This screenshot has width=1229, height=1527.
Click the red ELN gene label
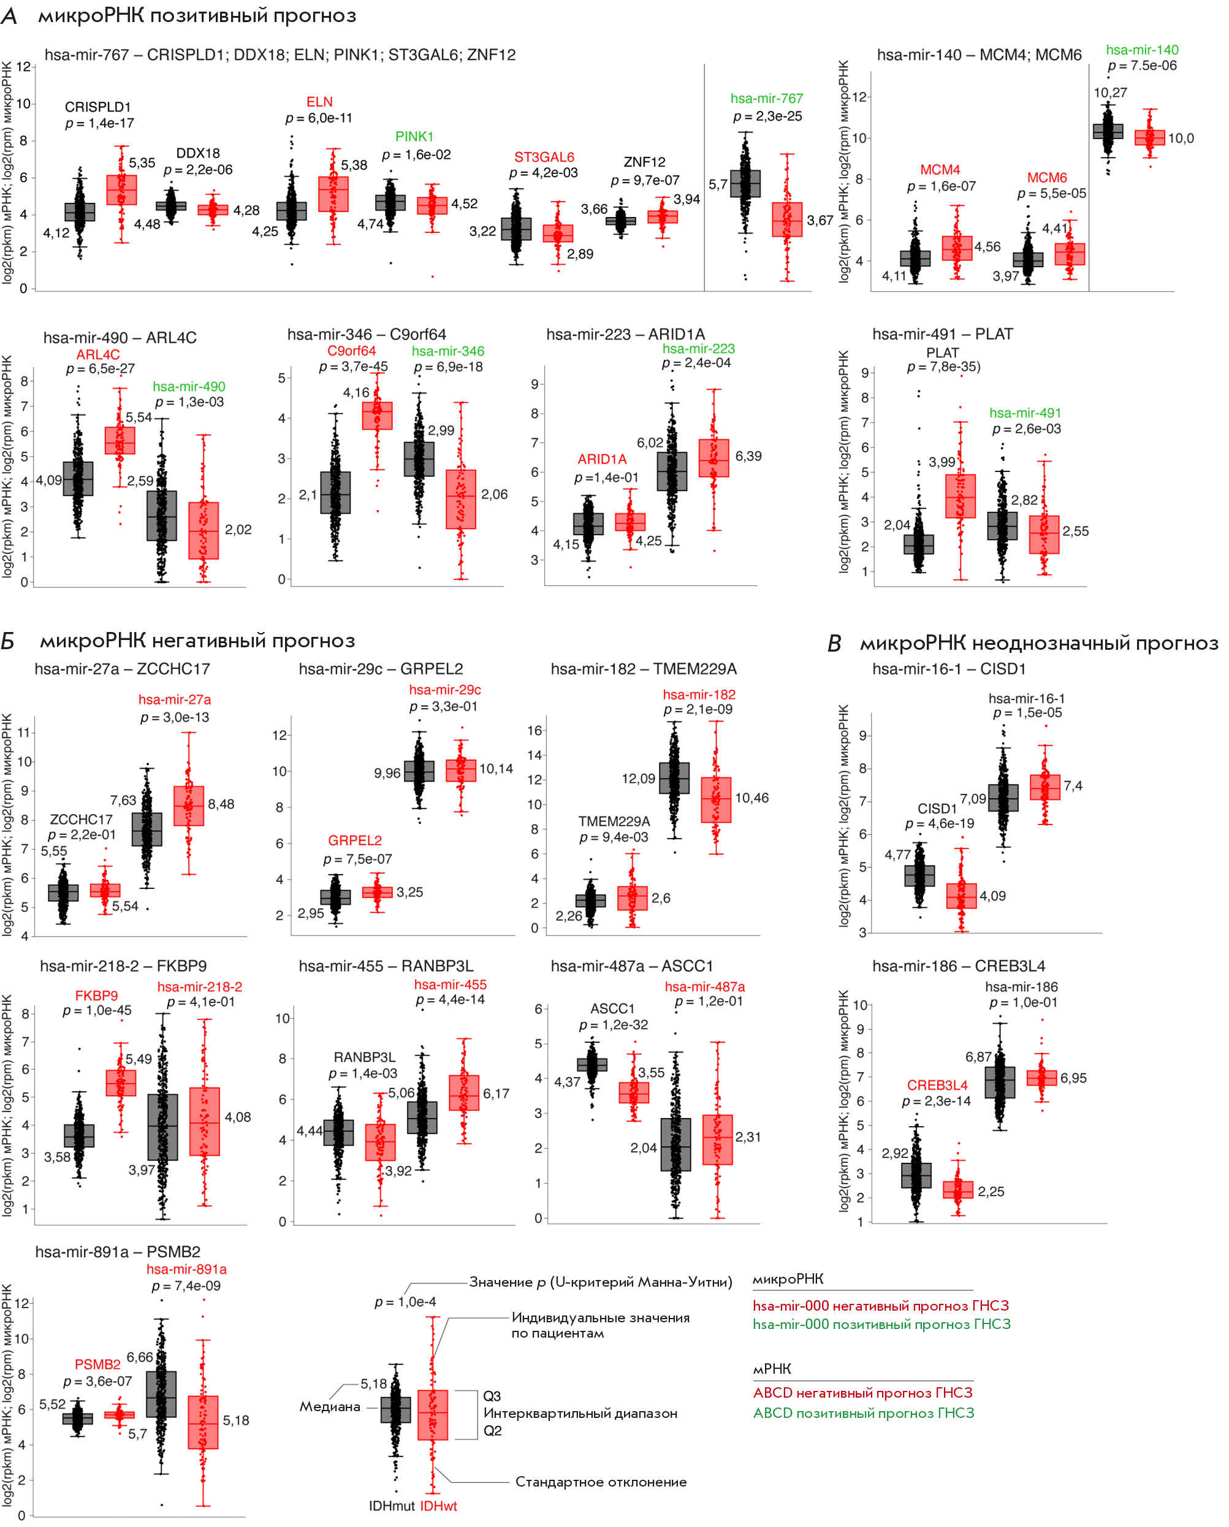pyautogui.click(x=319, y=102)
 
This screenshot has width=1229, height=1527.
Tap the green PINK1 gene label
pyautogui.click(x=414, y=137)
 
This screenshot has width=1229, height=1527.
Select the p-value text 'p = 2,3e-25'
pyautogui.click(x=767, y=116)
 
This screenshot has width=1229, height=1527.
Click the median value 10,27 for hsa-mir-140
pyautogui.click(x=1110, y=93)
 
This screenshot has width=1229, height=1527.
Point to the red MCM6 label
pyautogui.click(x=1047, y=178)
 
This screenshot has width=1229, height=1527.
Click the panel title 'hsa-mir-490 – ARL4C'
pyautogui.click(x=120, y=338)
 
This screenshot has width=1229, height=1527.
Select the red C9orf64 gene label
pyautogui.click(x=351, y=351)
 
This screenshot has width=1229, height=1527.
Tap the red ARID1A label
pyautogui.click(x=602, y=460)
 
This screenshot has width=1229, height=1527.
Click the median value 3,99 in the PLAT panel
pyautogui.click(x=942, y=462)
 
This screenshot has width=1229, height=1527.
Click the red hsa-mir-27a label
pyautogui.click(x=174, y=700)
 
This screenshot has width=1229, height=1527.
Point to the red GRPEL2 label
pyautogui.click(x=354, y=840)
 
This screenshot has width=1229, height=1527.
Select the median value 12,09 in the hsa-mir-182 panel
pyautogui.click(x=638, y=779)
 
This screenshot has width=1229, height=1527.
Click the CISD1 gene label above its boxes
pyautogui.click(x=937, y=809)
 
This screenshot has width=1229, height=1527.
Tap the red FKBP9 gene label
pyautogui.click(x=96, y=996)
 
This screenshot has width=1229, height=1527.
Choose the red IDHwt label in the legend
pyautogui.click(x=438, y=1506)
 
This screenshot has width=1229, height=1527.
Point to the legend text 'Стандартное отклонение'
pyautogui.click(x=601, y=1482)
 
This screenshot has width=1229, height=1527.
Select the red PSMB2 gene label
pyautogui.click(x=97, y=1364)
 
